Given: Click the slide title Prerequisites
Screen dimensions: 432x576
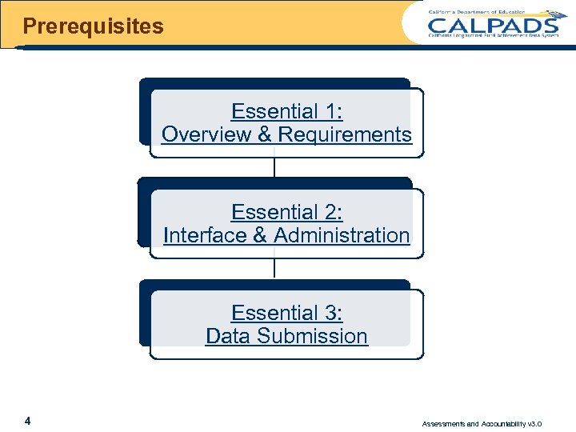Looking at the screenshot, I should pos(93,26).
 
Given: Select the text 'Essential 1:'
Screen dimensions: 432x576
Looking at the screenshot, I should pos(286,111).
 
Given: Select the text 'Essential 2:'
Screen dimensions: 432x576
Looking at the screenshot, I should pos(286,212).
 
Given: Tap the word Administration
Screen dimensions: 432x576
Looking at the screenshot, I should pos(342,235).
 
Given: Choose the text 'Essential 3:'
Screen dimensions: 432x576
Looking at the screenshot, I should pos(286,313).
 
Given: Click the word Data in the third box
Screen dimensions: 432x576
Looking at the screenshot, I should pos(227,336).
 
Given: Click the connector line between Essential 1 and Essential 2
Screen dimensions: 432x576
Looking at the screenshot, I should pos(274,168).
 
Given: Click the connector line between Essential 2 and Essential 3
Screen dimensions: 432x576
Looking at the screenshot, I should pos(274,269).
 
